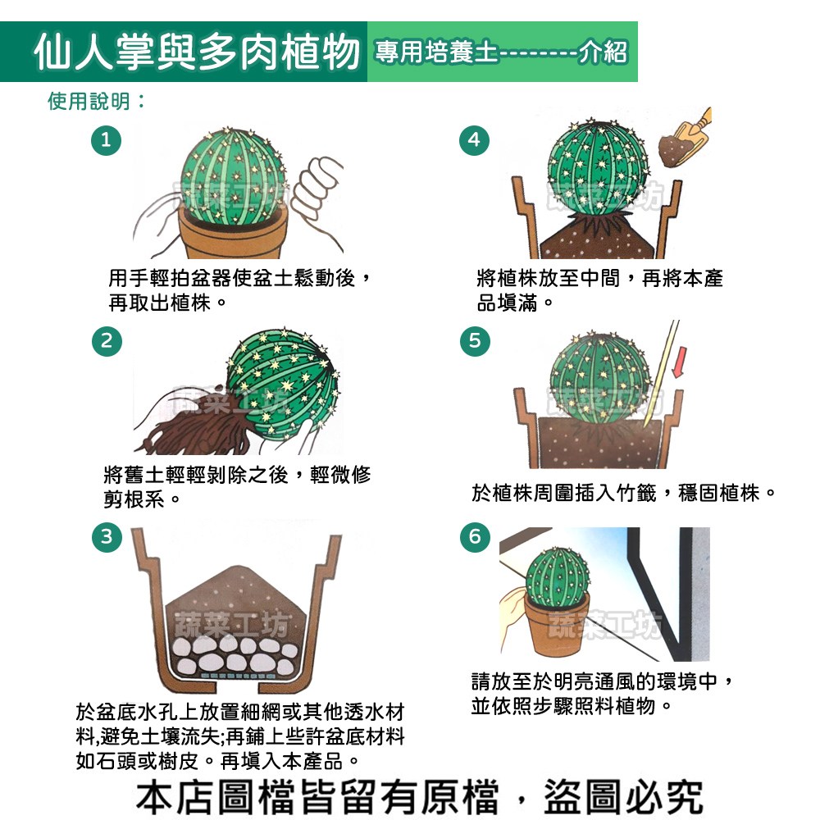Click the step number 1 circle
pos(106,140)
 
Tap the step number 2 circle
pos(107,341)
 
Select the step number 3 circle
pos(107,536)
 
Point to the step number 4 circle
pos(474,140)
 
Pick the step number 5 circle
pos(475,341)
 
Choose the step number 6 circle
pos(475,536)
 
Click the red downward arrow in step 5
pos(679,362)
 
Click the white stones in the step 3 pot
pos(234,654)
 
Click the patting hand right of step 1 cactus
pos(317,194)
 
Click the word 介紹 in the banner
pos(603,52)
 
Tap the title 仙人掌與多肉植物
pos(197,52)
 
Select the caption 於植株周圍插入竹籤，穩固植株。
pos(623,493)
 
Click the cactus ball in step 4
pos(597,167)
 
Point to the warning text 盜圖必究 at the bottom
pos(623,796)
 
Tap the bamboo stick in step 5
pos(662,374)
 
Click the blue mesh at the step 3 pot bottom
pos(234,676)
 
